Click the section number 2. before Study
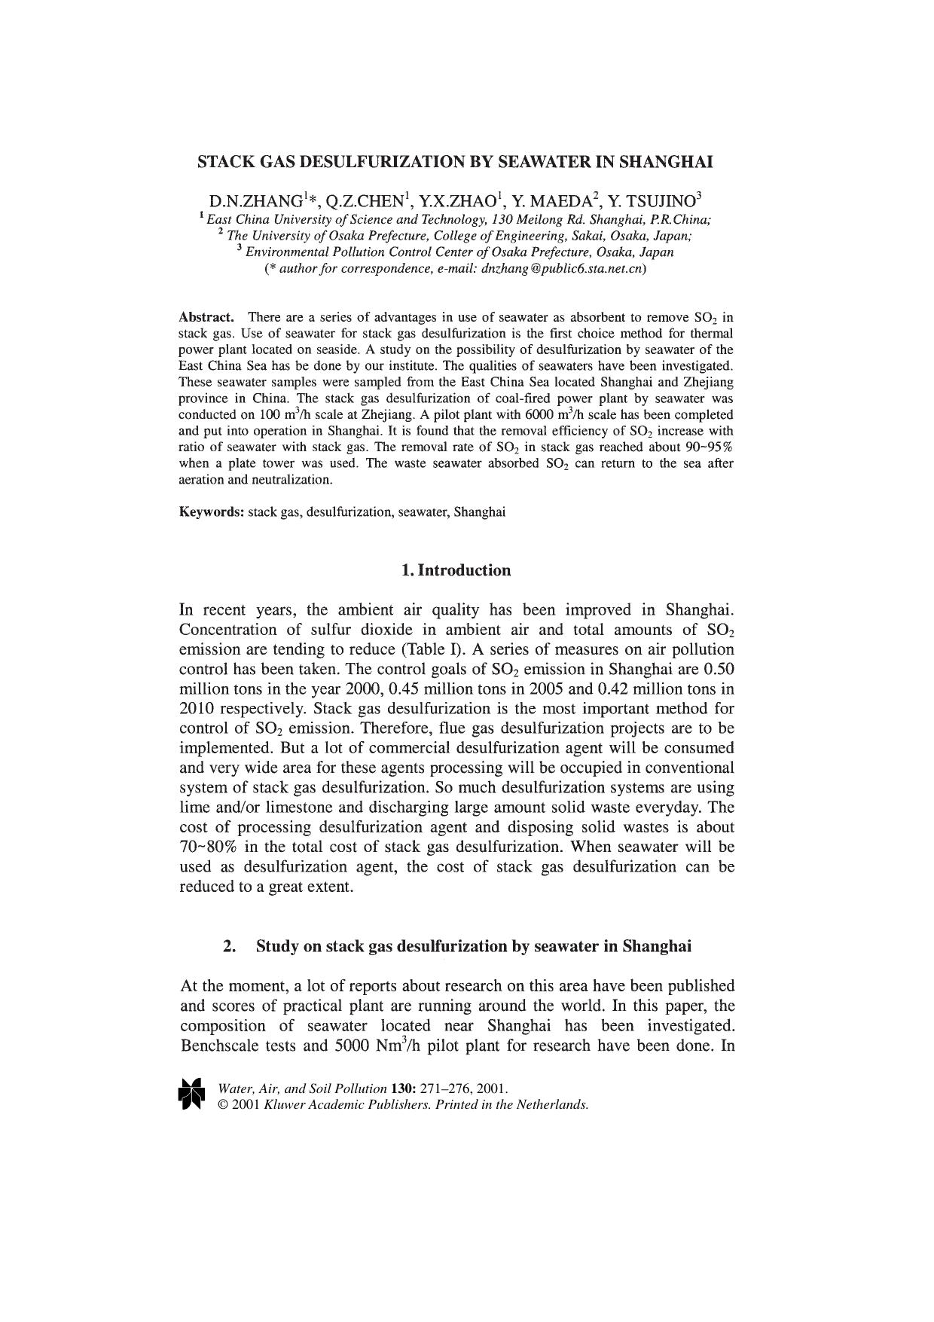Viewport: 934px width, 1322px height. (x=230, y=946)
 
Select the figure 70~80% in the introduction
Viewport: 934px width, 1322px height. (x=208, y=847)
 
